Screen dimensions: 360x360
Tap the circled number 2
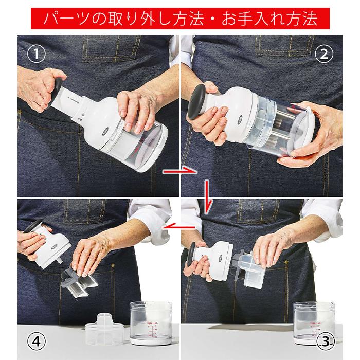(325, 53)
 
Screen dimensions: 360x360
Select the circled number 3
(325, 340)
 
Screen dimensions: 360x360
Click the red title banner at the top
(180, 19)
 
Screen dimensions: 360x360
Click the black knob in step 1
(60, 83)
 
